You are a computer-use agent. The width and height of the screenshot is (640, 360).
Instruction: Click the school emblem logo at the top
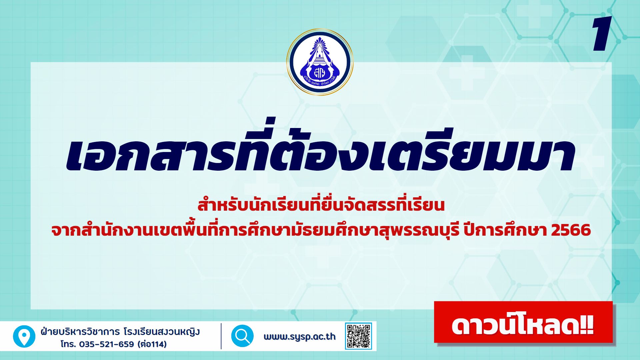320,62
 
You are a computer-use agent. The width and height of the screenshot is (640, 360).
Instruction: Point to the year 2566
571,230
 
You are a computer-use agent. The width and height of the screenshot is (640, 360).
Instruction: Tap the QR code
358,336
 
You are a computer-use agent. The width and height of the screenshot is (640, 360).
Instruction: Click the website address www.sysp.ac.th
300,337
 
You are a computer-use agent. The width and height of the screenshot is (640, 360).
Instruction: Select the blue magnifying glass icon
242,336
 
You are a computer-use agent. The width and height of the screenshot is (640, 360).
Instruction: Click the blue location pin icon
24,336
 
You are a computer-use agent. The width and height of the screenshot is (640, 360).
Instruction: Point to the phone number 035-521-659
106,344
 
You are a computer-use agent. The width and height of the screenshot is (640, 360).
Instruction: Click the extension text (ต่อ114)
152,344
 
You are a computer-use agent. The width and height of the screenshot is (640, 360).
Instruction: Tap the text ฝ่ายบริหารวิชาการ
80,332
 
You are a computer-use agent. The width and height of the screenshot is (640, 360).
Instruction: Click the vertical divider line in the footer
221,336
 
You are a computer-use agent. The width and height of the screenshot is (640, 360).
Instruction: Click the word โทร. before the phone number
68,344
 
